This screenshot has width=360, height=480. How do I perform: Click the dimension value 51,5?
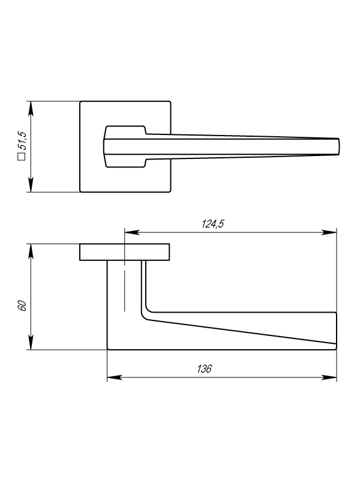coord(23,140)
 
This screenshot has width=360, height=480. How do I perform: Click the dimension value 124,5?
coord(212,224)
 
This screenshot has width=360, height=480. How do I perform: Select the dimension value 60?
coord(23,306)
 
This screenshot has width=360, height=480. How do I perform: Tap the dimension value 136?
coord(204,369)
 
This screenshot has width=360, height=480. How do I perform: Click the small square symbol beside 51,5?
coord(22,157)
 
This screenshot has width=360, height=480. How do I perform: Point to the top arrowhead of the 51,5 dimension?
coord(31,109)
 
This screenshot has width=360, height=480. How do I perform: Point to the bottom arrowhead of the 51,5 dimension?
coord(31,185)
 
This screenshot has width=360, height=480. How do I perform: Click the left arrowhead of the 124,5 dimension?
coord(132,233)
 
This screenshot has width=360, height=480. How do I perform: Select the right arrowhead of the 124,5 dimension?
coord(329,233)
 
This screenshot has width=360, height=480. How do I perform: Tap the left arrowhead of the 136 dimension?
coord(115,377)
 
